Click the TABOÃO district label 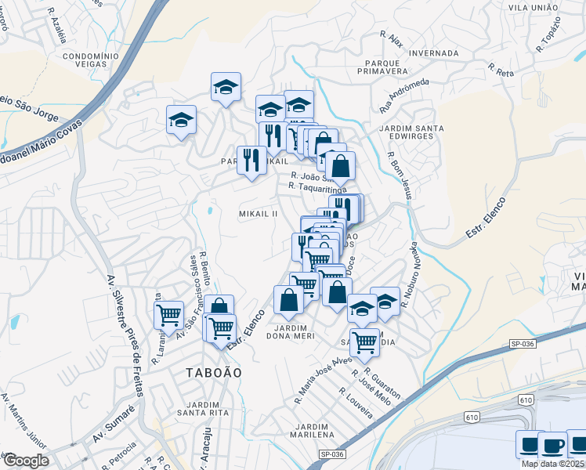[212, 372]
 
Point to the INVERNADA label [433, 53]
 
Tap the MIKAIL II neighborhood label [259, 214]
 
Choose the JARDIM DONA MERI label [294, 331]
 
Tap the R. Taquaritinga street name [317, 188]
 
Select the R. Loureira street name [356, 402]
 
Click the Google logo [25, 461]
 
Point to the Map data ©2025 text [552, 464]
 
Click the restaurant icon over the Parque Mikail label [251, 160]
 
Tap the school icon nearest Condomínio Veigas [181, 120]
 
